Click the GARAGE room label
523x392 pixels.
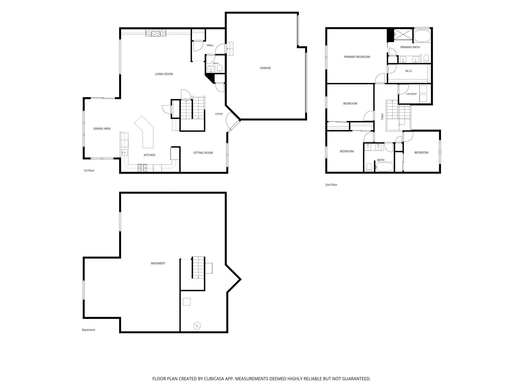pyautogui.click(x=265, y=68)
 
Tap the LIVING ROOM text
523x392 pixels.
pyautogui.click(x=164, y=74)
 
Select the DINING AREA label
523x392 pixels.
pyautogui.click(x=102, y=129)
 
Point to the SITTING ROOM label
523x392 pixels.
pyautogui.click(x=203, y=153)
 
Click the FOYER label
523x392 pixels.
pyautogui.click(x=219, y=114)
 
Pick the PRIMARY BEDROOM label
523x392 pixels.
pyautogui.click(x=357, y=57)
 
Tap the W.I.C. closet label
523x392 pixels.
pyautogui.click(x=409, y=71)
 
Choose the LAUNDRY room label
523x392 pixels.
pyautogui.click(x=412, y=94)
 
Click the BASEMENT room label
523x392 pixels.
pyautogui.click(x=158, y=263)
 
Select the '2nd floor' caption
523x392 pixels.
pyautogui.click(x=331, y=185)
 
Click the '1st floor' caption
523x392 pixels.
pyautogui.click(x=89, y=170)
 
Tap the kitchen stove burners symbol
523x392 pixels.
pyautogui.click(x=142, y=168)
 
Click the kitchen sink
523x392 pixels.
pyautogui.click(x=125, y=153)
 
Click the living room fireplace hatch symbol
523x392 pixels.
pyautogui.click(x=156, y=33)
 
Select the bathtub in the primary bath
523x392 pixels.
pyautogui.click(x=422, y=36)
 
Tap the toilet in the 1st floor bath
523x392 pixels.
pyautogui.click(x=220, y=69)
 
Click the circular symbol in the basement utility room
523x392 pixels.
pyautogui.click(x=197, y=326)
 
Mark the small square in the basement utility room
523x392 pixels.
pyautogui.click(x=187, y=302)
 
